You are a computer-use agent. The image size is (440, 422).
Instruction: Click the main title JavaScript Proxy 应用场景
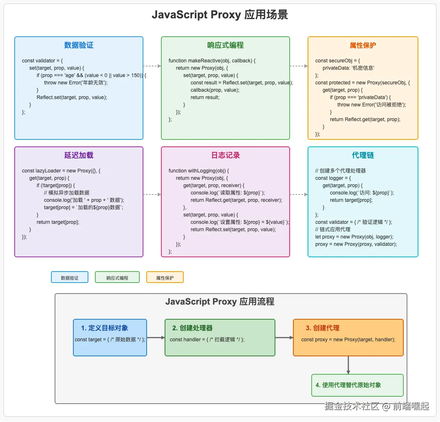point(220,15)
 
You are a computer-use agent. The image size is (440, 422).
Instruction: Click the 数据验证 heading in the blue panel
point(79,45)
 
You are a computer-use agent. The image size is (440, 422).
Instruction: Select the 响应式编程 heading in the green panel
point(225,45)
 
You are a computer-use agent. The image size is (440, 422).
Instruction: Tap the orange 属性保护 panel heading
point(363,45)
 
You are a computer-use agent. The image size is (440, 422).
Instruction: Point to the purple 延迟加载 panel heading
point(79,155)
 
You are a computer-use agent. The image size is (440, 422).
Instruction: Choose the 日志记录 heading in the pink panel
point(225,155)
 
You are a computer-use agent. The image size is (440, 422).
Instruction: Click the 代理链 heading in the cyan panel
point(363,155)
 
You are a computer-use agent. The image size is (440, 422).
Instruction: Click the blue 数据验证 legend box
point(70,277)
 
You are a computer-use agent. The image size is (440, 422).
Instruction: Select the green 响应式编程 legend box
point(117,277)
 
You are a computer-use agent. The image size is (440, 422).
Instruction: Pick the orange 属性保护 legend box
point(165,277)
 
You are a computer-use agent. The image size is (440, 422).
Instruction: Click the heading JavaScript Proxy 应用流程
point(220,302)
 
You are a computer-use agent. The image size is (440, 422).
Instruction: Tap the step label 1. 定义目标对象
point(104,328)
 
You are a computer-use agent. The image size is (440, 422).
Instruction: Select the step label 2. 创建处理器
point(192,328)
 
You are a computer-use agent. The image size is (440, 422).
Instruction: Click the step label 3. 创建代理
point(323,328)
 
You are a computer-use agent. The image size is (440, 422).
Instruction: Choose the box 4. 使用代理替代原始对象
point(357,385)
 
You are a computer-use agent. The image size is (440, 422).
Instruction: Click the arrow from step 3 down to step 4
point(348,365)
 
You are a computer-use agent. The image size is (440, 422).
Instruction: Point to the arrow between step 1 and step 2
point(156,338)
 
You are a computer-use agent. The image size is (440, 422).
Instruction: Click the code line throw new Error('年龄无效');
point(76,83)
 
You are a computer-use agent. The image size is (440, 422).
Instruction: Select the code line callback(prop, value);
point(215,90)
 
